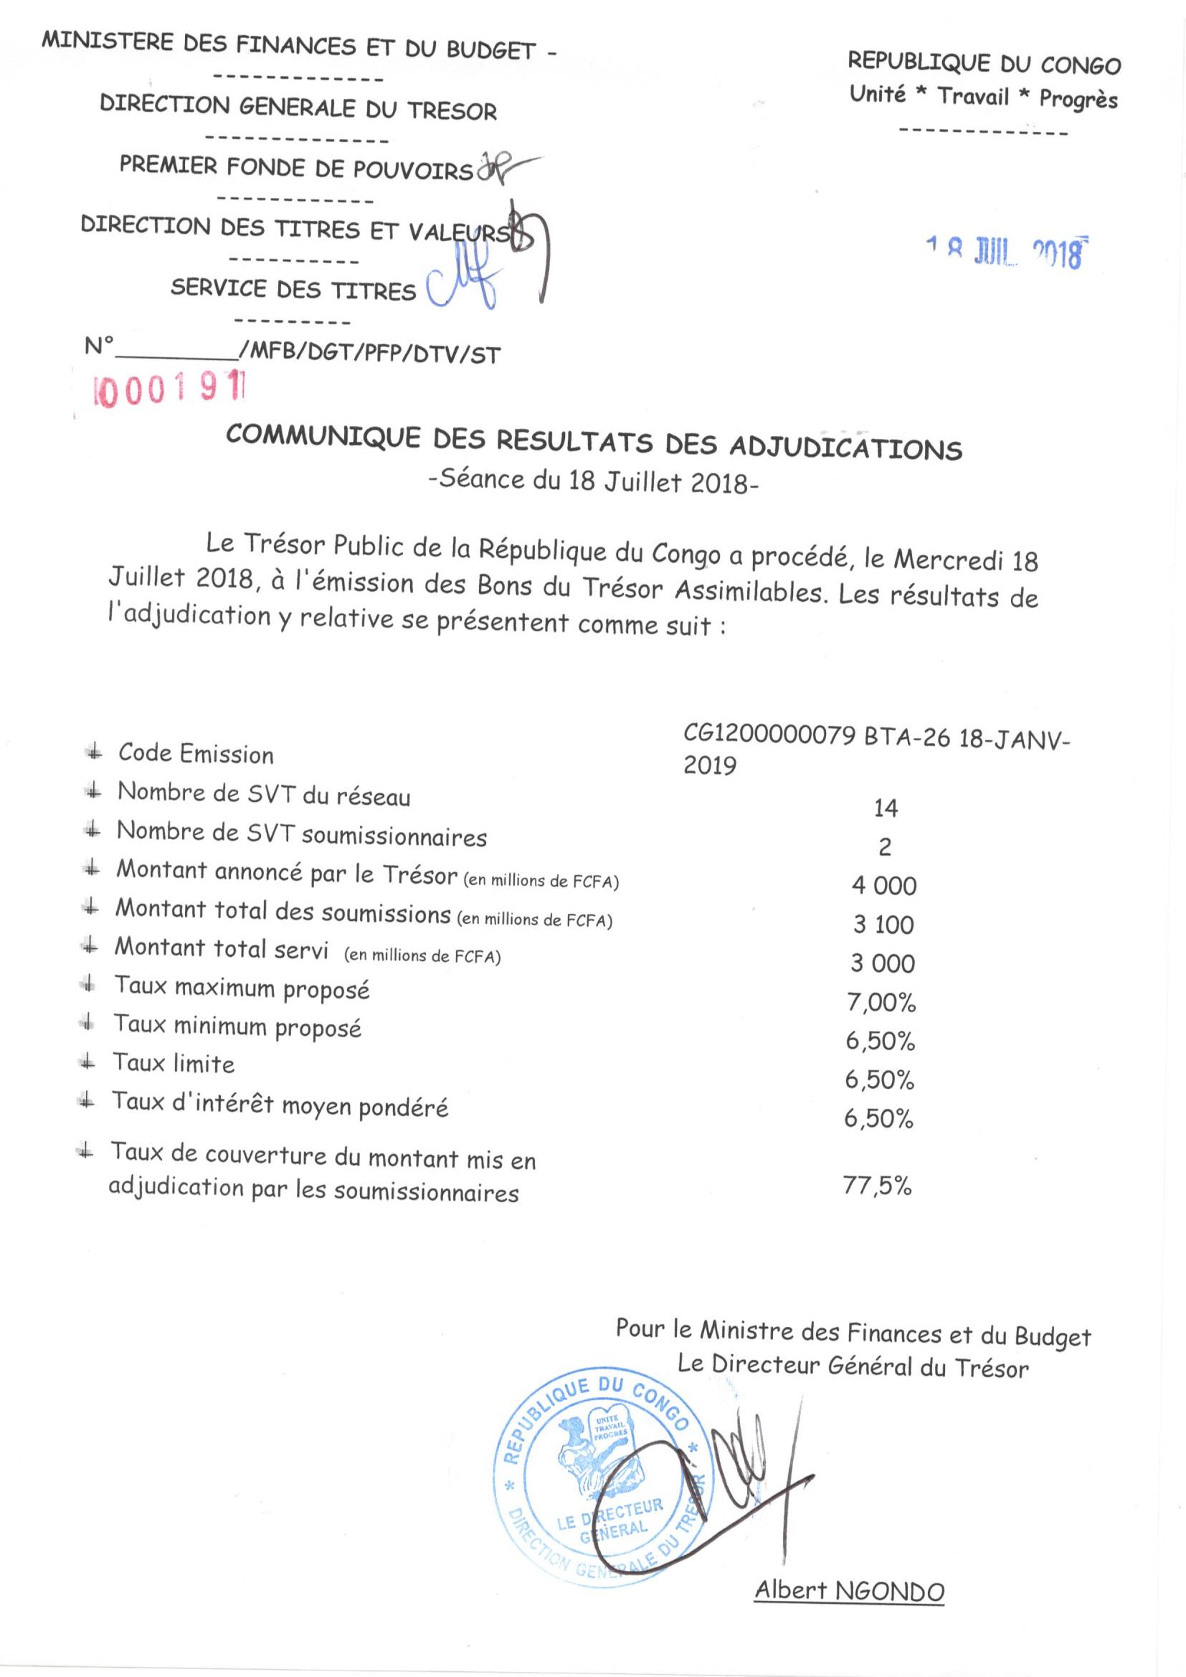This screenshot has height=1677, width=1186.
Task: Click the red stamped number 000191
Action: point(169,391)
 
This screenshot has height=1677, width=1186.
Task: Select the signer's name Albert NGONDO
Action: point(849,1592)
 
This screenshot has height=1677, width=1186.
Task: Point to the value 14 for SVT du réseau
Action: point(885,808)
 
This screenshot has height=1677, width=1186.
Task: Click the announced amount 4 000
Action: point(883,886)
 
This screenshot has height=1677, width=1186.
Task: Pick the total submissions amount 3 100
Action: point(883,925)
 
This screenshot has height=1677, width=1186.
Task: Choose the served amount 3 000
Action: point(882,963)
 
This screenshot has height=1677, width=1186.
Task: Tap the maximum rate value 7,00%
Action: point(881,1003)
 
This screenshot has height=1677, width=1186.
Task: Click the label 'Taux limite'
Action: point(174,1063)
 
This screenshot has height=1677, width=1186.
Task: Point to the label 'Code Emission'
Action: point(196,753)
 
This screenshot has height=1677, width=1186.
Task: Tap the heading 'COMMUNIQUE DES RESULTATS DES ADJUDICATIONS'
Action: point(594,443)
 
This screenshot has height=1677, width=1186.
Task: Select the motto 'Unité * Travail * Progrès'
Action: point(984,96)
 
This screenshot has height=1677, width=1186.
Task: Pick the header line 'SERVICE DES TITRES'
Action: point(293,289)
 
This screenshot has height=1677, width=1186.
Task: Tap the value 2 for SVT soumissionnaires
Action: point(885,847)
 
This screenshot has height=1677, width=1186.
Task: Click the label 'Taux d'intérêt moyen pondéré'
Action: point(280,1105)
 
